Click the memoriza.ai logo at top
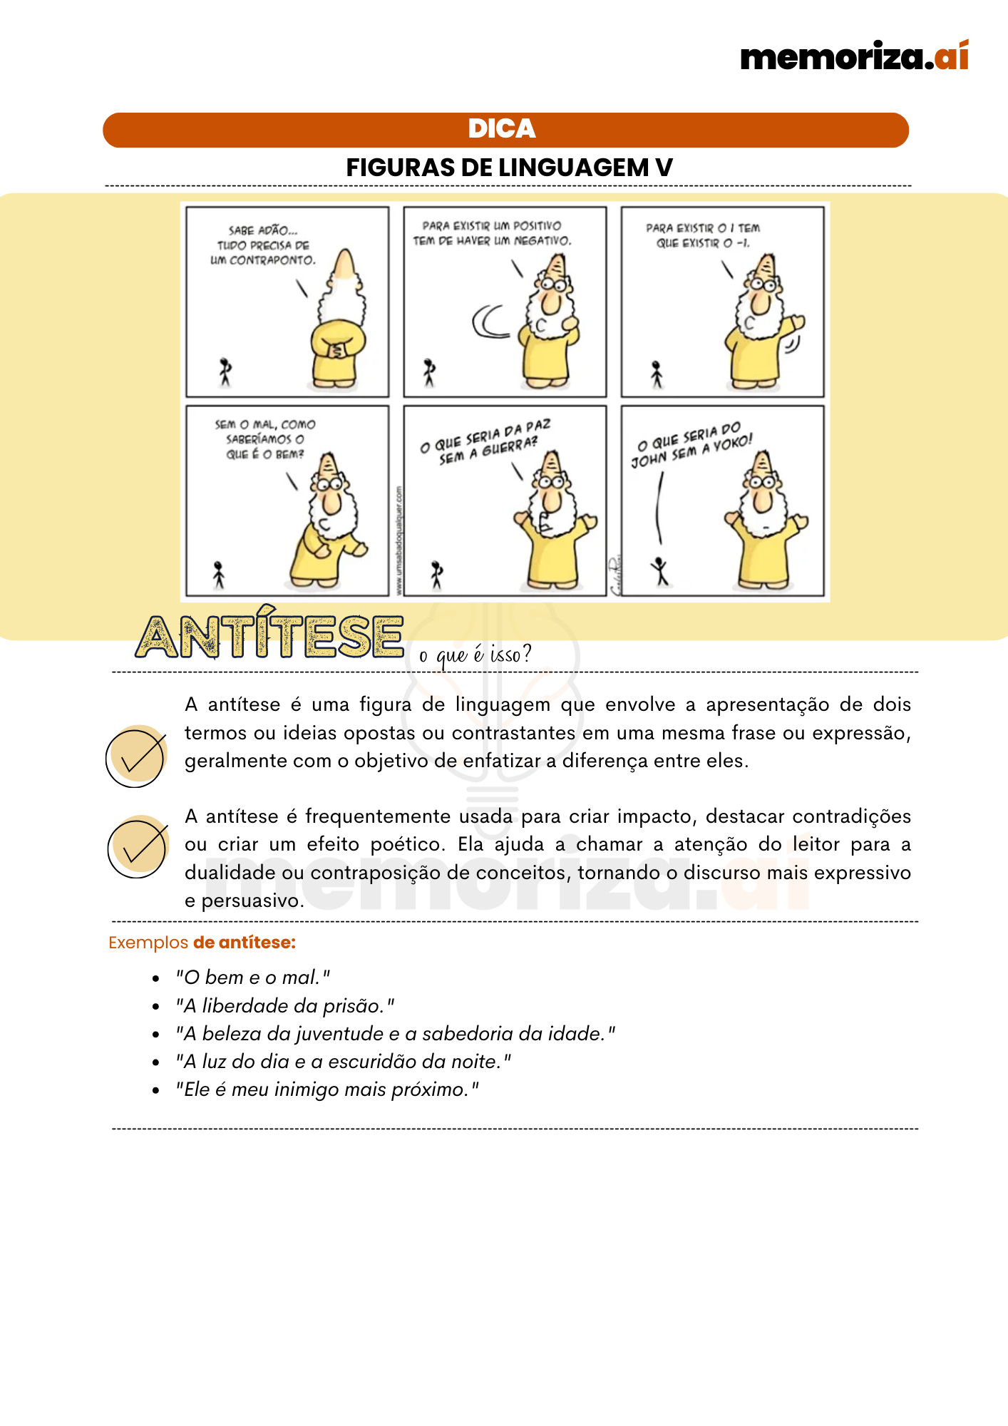click(854, 56)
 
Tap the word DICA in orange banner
click(502, 129)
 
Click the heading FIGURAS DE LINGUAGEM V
click(509, 168)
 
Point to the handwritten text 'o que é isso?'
click(475, 654)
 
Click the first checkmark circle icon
click(136, 756)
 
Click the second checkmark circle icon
click(138, 846)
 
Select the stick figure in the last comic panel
click(661, 571)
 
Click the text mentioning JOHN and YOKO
click(691, 446)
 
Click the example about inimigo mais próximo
click(327, 1089)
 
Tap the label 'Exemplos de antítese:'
click(202, 943)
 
